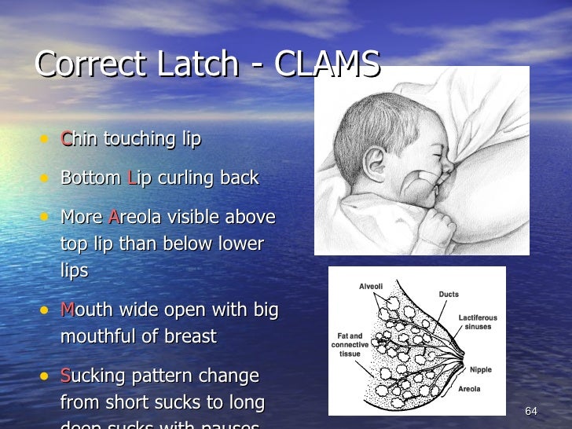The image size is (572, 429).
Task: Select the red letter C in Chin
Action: point(66,139)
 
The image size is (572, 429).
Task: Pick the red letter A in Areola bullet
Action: point(114,217)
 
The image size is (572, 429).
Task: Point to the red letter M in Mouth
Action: point(68,310)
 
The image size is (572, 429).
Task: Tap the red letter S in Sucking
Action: point(66,376)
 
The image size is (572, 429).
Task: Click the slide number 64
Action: point(530,412)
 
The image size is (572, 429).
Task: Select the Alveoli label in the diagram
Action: point(371,287)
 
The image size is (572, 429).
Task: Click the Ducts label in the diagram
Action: point(449,295)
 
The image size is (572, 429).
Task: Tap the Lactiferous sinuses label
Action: point(478,322)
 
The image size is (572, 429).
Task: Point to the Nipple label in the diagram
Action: point(480,369)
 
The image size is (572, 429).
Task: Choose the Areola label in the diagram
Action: point(469,388)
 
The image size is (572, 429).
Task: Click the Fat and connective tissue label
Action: point(350,345)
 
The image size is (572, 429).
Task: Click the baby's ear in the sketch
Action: point(375,162)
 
